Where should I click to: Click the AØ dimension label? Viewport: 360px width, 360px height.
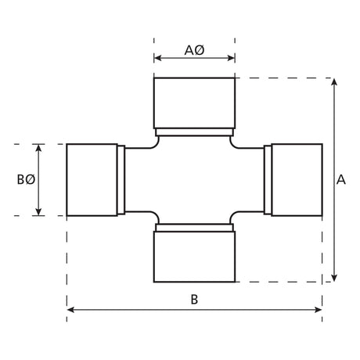pos(194,50)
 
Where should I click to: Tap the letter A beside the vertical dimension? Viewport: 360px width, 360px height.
pos(341,179)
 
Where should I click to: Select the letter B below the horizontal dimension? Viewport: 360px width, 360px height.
pos(194,298)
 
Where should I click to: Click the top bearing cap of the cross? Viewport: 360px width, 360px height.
pos(194,102)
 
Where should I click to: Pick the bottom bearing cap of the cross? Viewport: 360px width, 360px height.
pos(194,257)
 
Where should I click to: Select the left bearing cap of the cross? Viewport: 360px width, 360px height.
pos(92,179)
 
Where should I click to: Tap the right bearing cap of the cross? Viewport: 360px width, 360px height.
pos(297,179)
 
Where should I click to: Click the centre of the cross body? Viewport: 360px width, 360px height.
pos(194,179)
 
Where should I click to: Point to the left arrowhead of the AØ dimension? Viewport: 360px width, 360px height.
pos(157,57)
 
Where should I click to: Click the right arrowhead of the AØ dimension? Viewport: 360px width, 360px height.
pos(231,57)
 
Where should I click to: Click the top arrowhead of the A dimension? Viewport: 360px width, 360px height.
pos(334,82)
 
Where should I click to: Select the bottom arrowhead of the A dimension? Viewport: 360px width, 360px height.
pos(334,277)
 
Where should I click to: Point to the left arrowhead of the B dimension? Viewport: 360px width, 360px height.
pos(71,310)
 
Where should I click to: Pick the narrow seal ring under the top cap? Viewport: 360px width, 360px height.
pos(194,130)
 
